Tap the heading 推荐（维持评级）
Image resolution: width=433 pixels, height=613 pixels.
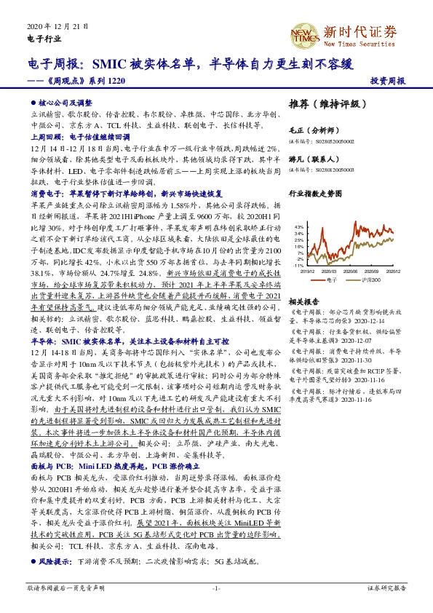[324, 103]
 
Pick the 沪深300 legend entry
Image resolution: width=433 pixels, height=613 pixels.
[370, 279]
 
